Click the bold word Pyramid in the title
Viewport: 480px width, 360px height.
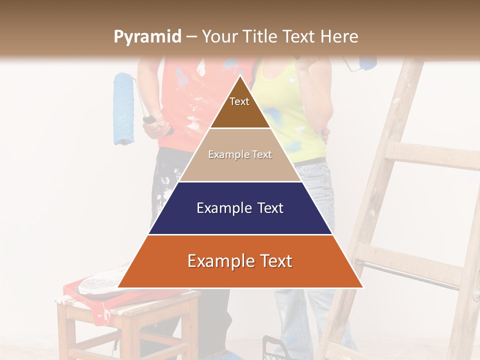[x=147, y=37]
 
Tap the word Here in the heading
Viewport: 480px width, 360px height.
[x=339, y=36]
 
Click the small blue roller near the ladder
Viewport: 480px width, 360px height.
[x=367, y=63]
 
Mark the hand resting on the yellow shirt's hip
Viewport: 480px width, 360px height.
[x=325, y=135]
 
